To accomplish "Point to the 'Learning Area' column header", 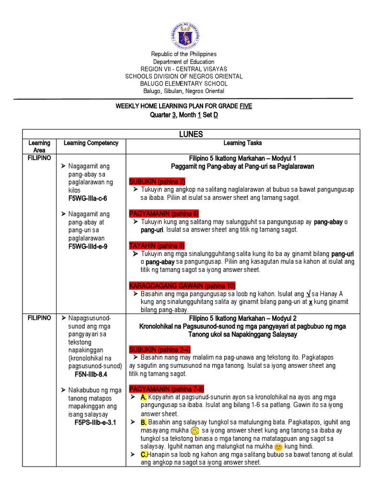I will [39, 146].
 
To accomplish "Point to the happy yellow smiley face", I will [195, 431].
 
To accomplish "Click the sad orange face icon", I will [278, 447].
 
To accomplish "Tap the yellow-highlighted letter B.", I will [143, 422].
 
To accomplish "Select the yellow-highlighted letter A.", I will [143, 397].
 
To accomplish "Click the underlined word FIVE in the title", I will [245, 105].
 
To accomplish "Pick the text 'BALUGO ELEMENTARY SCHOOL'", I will [184, 83].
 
